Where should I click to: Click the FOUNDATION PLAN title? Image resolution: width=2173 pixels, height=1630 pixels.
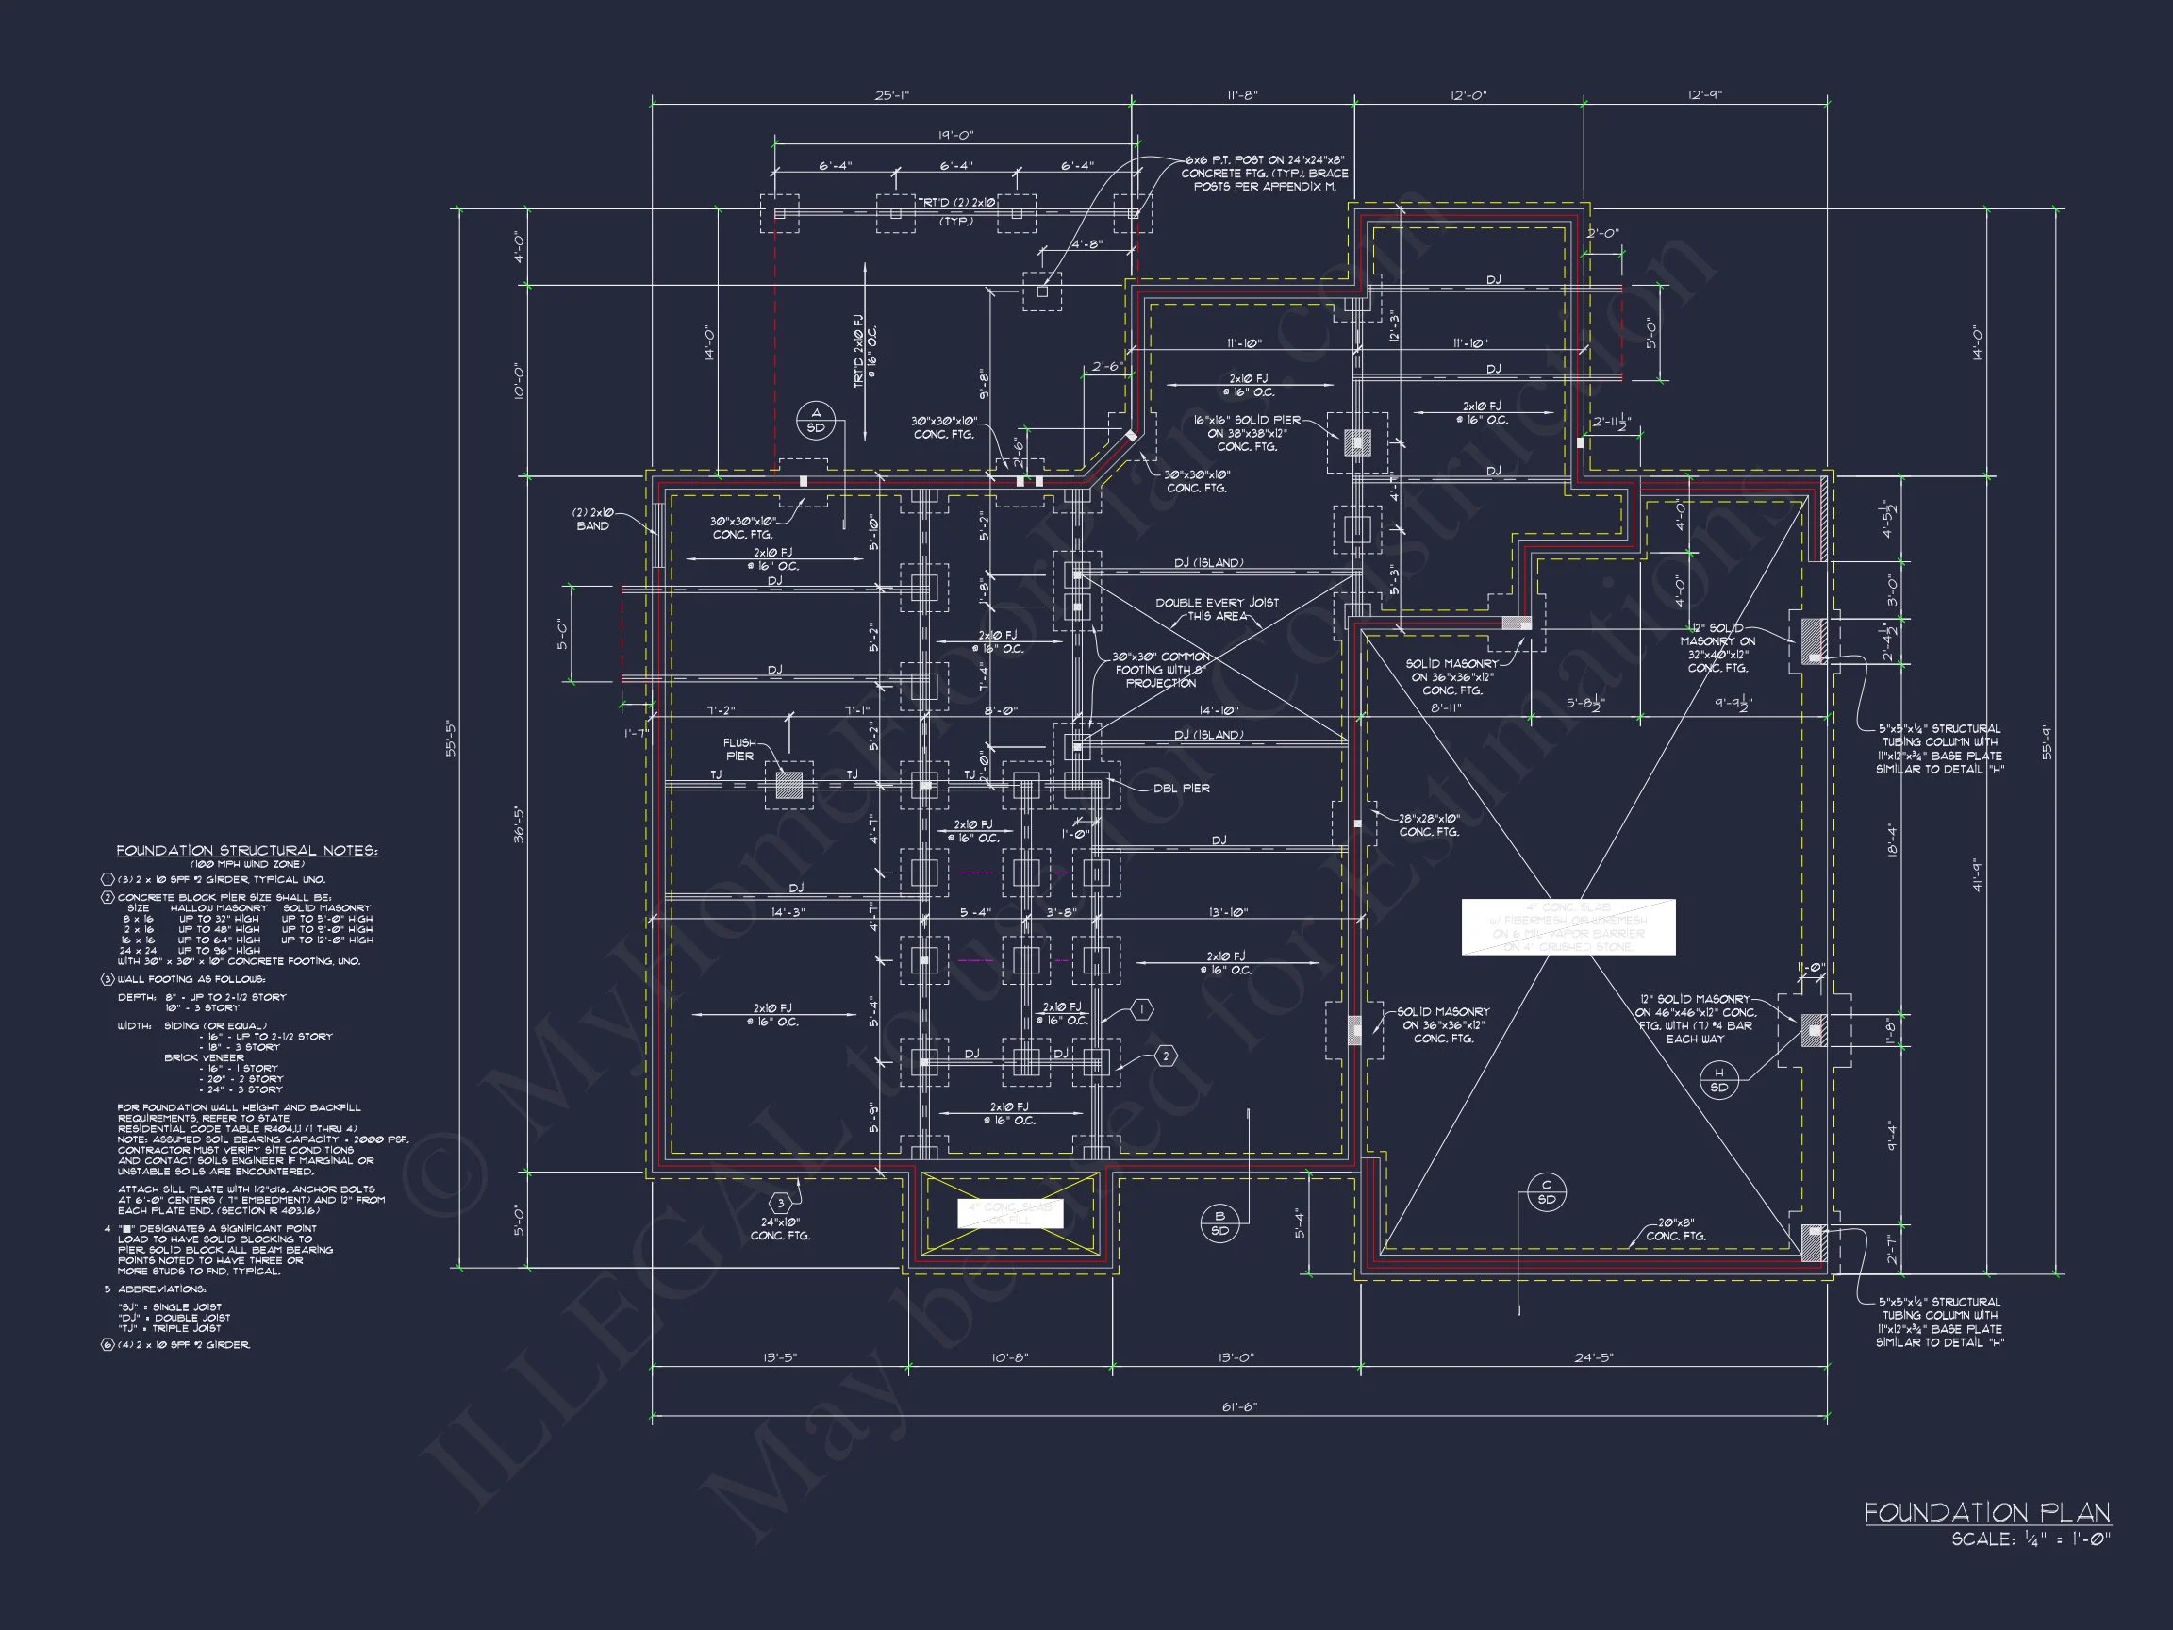click(1986, 1512)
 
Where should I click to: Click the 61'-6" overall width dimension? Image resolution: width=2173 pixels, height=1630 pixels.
click(1238, 1407)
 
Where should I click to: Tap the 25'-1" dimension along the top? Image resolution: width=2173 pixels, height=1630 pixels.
click(892, 95)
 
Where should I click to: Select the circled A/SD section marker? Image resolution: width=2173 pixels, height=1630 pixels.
click(816, 421)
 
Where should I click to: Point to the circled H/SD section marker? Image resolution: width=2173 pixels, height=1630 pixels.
click(1719, 1080)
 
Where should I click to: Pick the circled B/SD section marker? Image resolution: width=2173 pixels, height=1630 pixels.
click(1219, 1223)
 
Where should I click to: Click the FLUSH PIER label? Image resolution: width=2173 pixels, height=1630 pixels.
click(739, 750)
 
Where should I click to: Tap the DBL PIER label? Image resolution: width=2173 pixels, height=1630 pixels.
click(1181, 788)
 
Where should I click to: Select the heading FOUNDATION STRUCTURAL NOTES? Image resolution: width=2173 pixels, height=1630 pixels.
click(246, 851)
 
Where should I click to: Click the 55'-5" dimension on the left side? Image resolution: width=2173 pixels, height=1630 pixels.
click(452, 739)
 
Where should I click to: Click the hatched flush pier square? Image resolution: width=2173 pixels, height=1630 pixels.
click(788, 785)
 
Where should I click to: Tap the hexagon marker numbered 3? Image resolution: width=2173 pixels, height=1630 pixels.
click(780, 1203)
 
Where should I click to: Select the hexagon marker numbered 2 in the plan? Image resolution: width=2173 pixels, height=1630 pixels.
click(1165, 1056)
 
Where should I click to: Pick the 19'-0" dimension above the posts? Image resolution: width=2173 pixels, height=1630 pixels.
click(954, 135)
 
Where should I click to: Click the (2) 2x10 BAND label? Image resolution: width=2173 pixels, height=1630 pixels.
click(592, 519)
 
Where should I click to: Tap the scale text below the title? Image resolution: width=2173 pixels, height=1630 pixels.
click(2031, 1539)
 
